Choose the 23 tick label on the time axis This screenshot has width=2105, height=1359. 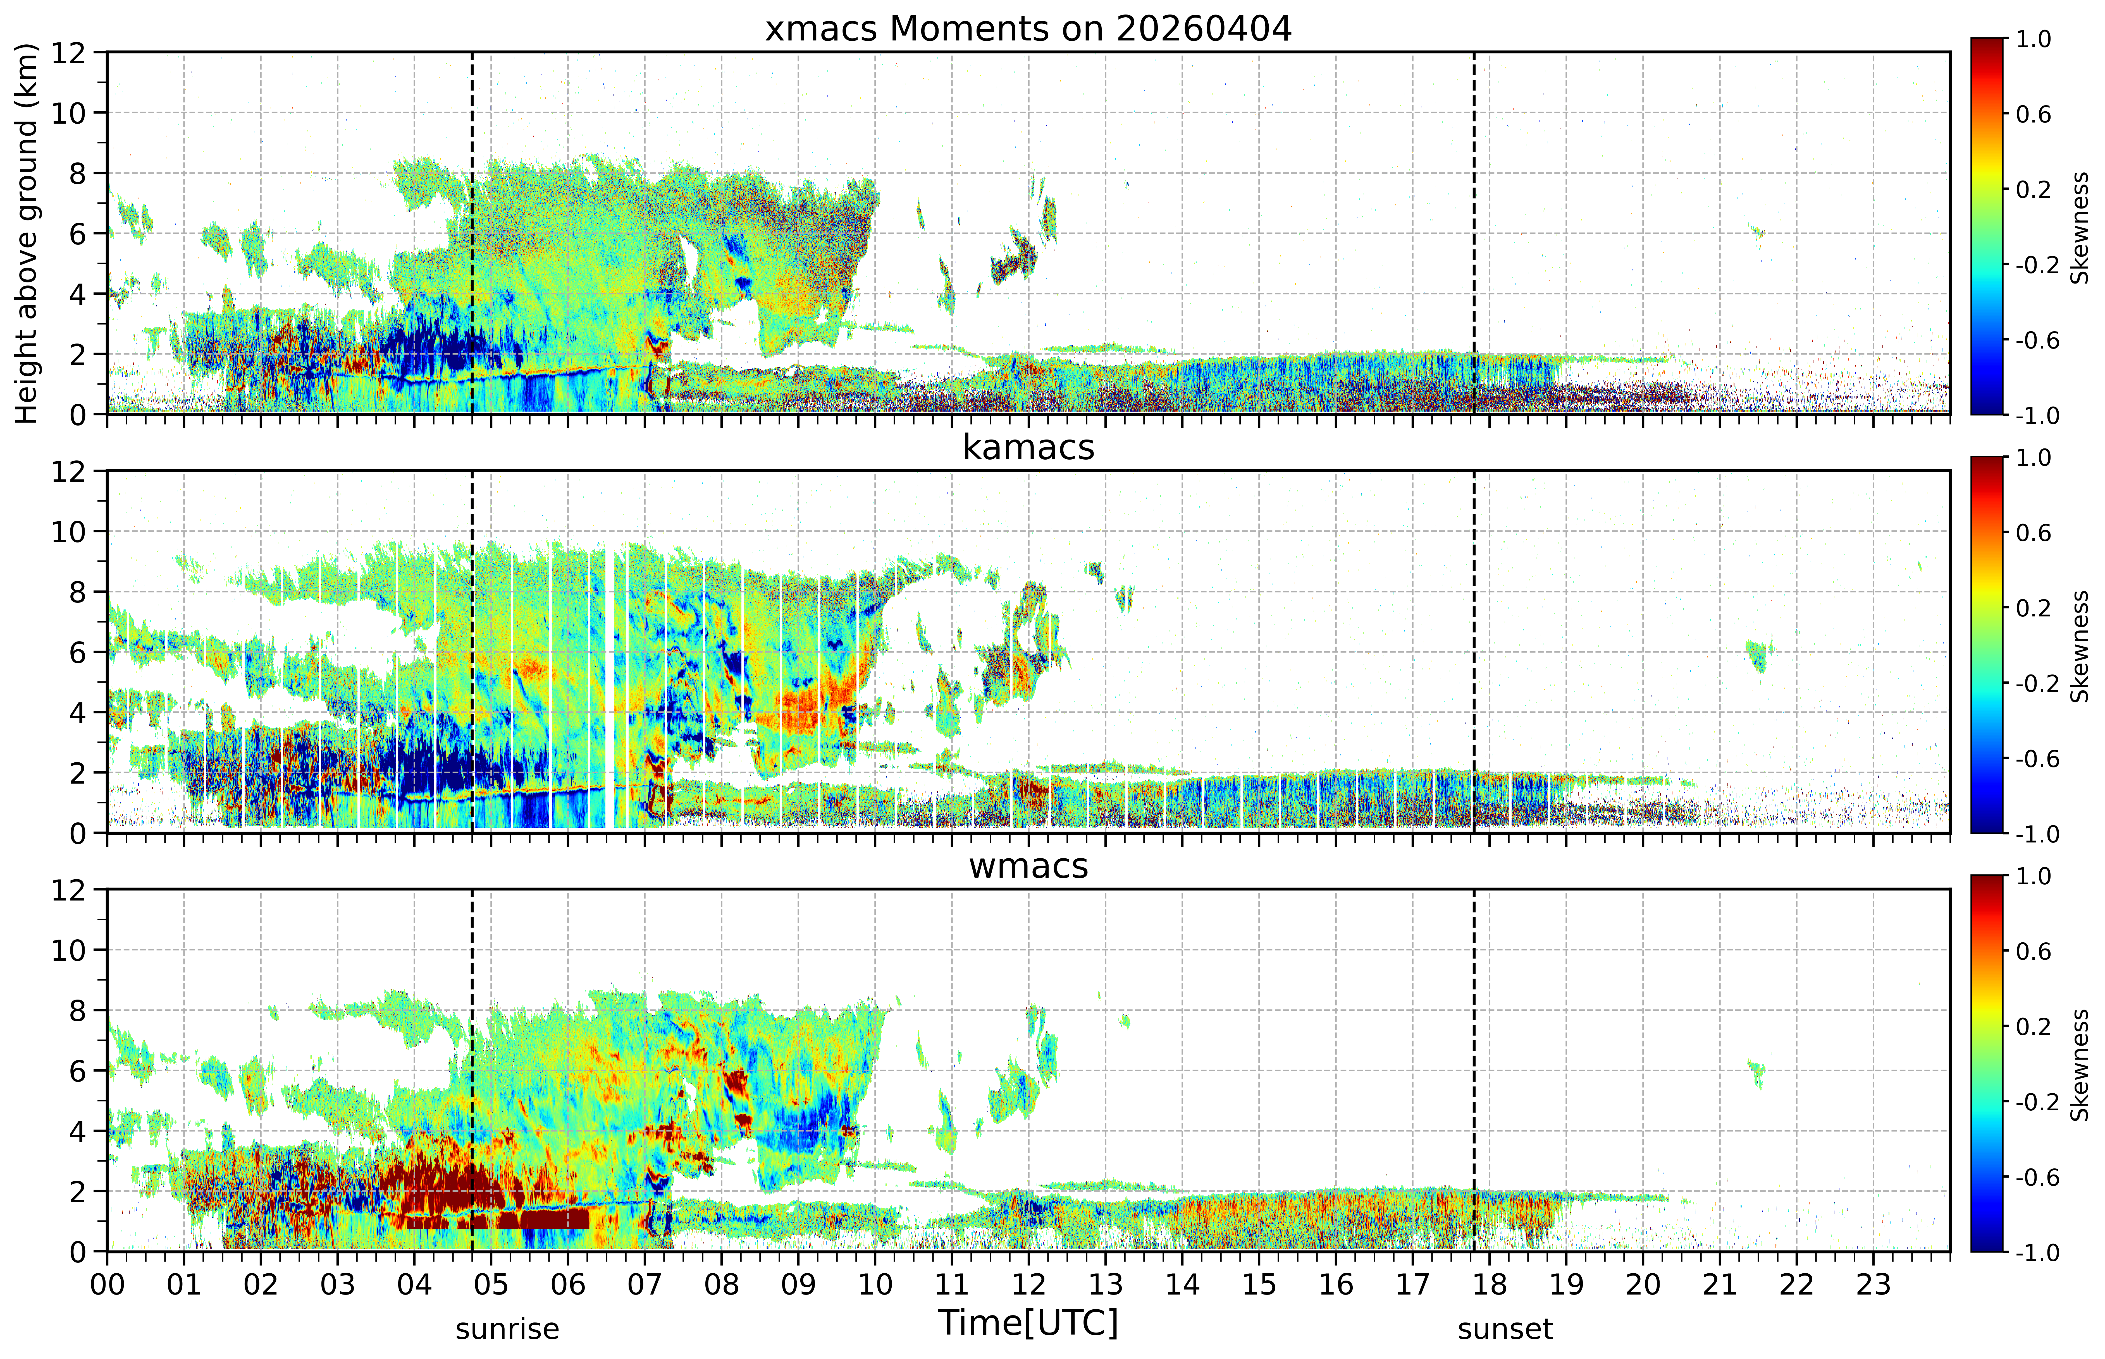point(1873,1285)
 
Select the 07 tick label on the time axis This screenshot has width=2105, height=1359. point(645,1285)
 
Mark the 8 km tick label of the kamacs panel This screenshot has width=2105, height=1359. point(78,592)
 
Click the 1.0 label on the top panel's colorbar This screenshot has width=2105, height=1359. point(2034,40)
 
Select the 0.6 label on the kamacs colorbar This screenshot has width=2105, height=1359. point(2034,533)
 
